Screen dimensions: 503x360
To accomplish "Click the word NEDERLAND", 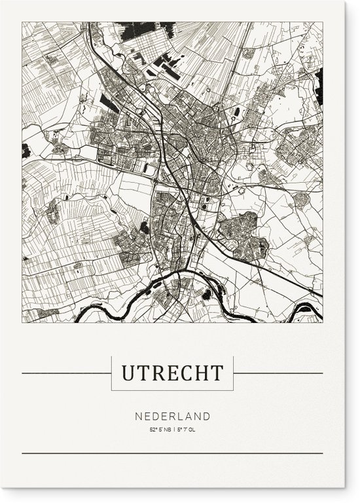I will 172,416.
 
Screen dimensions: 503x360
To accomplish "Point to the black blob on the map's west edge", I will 26,149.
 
